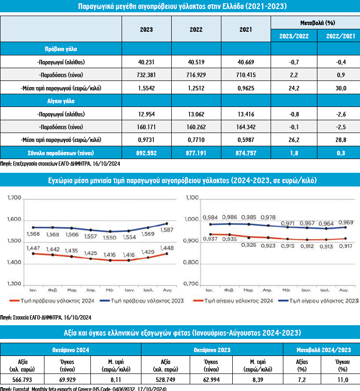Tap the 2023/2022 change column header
pyautogui.click(x=293, y=35)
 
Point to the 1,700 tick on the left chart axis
pyautogui.click(x=16, y=198)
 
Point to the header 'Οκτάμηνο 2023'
pyautogui.click(x=212, y=350)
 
